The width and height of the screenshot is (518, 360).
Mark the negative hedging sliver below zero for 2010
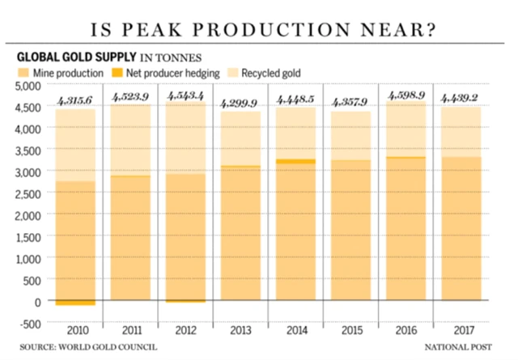pyautogui.click(x=75, y=303)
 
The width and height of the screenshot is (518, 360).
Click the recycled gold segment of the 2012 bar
pyautogui.click(x=185, y=138)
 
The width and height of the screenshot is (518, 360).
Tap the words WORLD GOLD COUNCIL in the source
pyautogui.click(x=112, y=346)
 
